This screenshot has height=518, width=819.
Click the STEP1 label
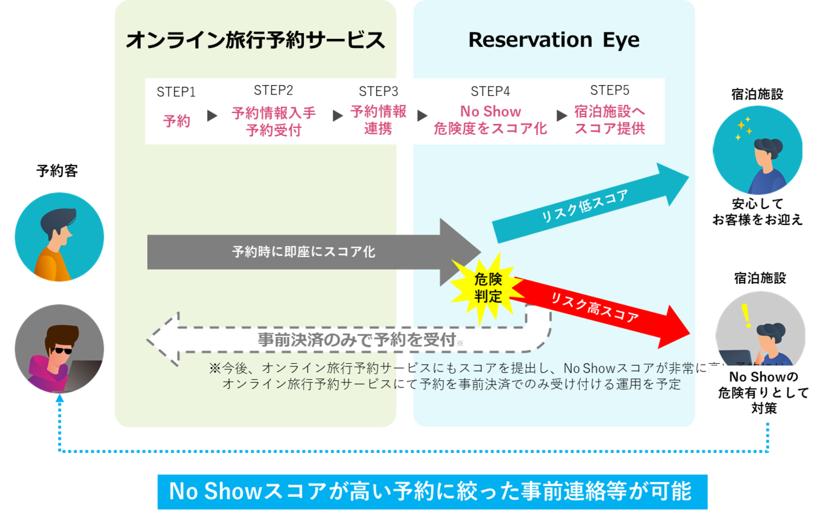coord(176,92)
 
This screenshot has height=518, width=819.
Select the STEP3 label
coord(378,91)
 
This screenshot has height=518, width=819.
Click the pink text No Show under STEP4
coord(491,112)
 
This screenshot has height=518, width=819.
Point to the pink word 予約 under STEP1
coord(177,121)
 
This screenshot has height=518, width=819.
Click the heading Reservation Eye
coord(553,40)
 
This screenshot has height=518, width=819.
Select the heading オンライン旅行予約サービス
coord(255,41)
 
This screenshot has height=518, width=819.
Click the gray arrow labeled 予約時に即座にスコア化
coord(307,251)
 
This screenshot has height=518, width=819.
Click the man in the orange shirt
coord(58,238)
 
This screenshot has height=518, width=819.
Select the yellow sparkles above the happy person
coord(743,129)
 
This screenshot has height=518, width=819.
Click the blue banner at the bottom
coord(432,492)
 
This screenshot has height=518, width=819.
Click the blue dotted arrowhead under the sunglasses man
coord(60,399)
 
